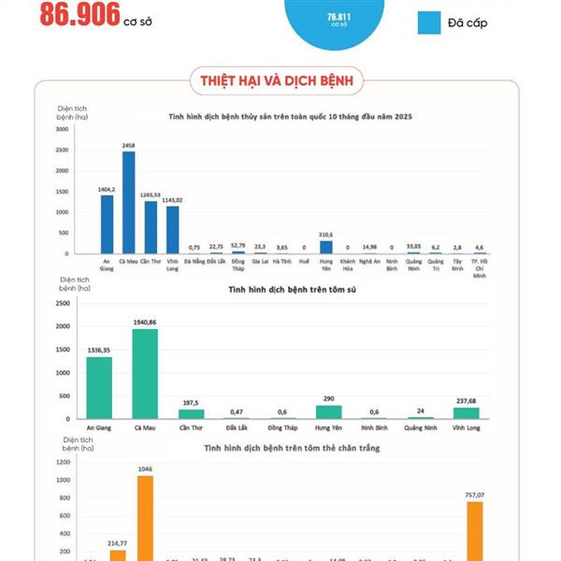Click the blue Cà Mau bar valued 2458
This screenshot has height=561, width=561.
click(x=128, y=202)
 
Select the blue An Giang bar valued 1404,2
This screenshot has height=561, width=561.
click(x=107, y=224)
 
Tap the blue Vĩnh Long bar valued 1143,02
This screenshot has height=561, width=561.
click(x=172, y=230)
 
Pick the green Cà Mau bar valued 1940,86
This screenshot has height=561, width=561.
click(x=145, y=373)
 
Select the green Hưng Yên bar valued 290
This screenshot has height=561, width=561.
click(x=328, y=411)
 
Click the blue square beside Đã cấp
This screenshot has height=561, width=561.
click(x=429, y=22)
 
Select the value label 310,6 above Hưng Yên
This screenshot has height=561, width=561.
click(x=326, y=235)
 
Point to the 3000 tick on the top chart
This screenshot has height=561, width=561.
click(x=61, y=129)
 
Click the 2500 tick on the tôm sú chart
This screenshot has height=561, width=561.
click(x=61, y=304)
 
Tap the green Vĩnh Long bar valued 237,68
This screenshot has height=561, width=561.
click(x=466, y=412)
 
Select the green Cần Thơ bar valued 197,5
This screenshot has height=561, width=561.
click(x=191, y=413)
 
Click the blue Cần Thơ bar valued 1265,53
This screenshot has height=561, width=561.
click(x=151, y=227)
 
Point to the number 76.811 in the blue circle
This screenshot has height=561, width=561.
click(x=338, y=17)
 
